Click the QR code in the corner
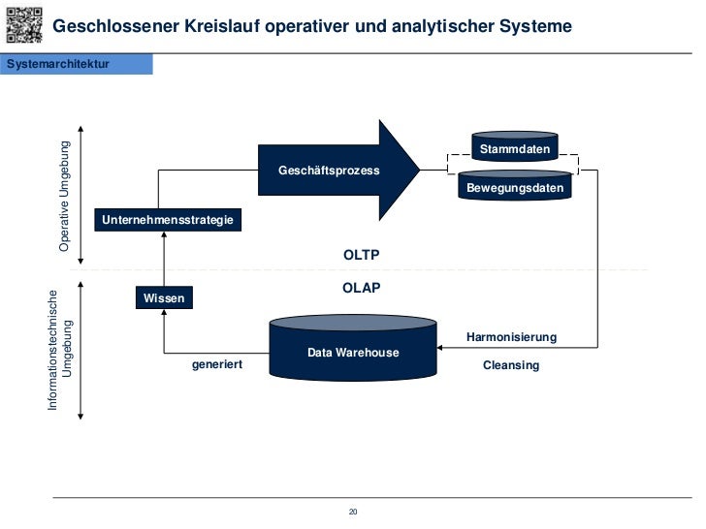23,24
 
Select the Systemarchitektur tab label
58,64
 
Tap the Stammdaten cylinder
515,147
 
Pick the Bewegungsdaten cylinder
515,186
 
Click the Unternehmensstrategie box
168,220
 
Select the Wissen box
163,298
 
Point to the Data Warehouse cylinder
353,349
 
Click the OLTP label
362,255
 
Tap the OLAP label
362,288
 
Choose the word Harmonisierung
511,337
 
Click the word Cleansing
511,365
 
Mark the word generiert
216,364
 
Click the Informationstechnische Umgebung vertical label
61,350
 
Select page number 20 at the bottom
353,512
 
